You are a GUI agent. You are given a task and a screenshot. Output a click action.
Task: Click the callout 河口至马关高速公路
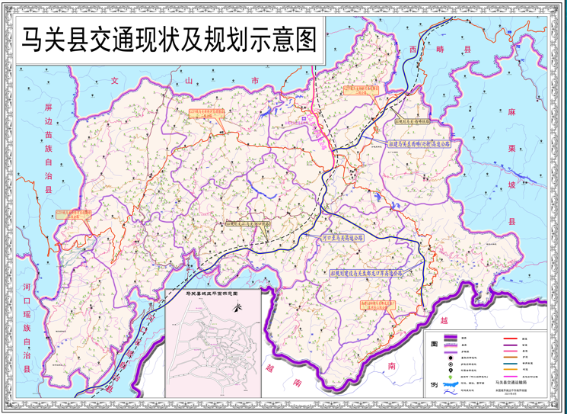pos(343,237)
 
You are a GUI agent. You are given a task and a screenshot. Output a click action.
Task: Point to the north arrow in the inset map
pos(237,310)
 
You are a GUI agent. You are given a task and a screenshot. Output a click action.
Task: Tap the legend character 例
pos(433,385)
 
